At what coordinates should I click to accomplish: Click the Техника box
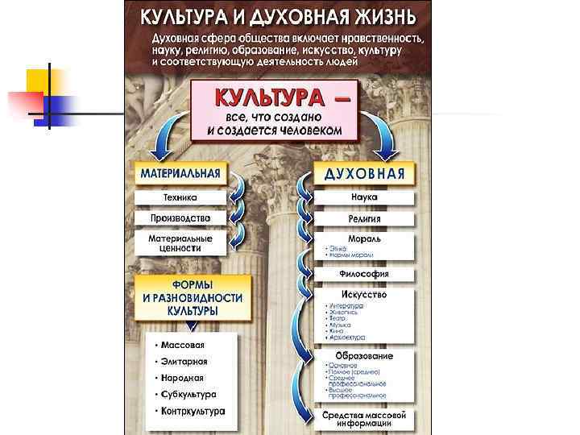180,197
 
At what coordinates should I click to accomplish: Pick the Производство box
180,218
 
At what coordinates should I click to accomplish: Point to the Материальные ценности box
180,243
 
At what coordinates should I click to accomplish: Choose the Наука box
364,197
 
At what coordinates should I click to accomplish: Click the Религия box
364,218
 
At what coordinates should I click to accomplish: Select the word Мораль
364,239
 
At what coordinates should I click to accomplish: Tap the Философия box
364,274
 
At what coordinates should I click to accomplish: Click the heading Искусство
364,295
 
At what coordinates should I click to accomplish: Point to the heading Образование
364,355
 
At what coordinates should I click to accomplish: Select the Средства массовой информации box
364,419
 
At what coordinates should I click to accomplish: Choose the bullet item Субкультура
188,395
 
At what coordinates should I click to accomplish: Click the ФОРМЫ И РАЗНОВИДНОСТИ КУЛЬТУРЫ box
193,297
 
